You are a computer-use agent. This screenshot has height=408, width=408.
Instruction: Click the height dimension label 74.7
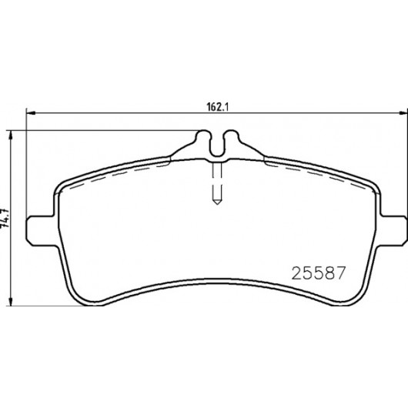coord(5,218)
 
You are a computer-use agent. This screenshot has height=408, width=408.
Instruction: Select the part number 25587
coord(319,273)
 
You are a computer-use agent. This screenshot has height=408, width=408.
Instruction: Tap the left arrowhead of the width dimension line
coord(31,113)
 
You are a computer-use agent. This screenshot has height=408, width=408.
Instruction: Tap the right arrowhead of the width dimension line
coord(403,113)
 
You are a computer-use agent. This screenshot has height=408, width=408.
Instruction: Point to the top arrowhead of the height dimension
coord(11,135)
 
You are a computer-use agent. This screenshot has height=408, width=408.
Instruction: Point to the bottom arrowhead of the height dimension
coord(11,301)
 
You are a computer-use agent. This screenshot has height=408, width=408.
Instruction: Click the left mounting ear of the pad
coord(40,230)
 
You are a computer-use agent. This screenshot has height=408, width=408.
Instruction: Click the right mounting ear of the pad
coord(393,230)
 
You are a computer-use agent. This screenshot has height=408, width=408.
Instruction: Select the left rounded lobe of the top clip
coord(203,136)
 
